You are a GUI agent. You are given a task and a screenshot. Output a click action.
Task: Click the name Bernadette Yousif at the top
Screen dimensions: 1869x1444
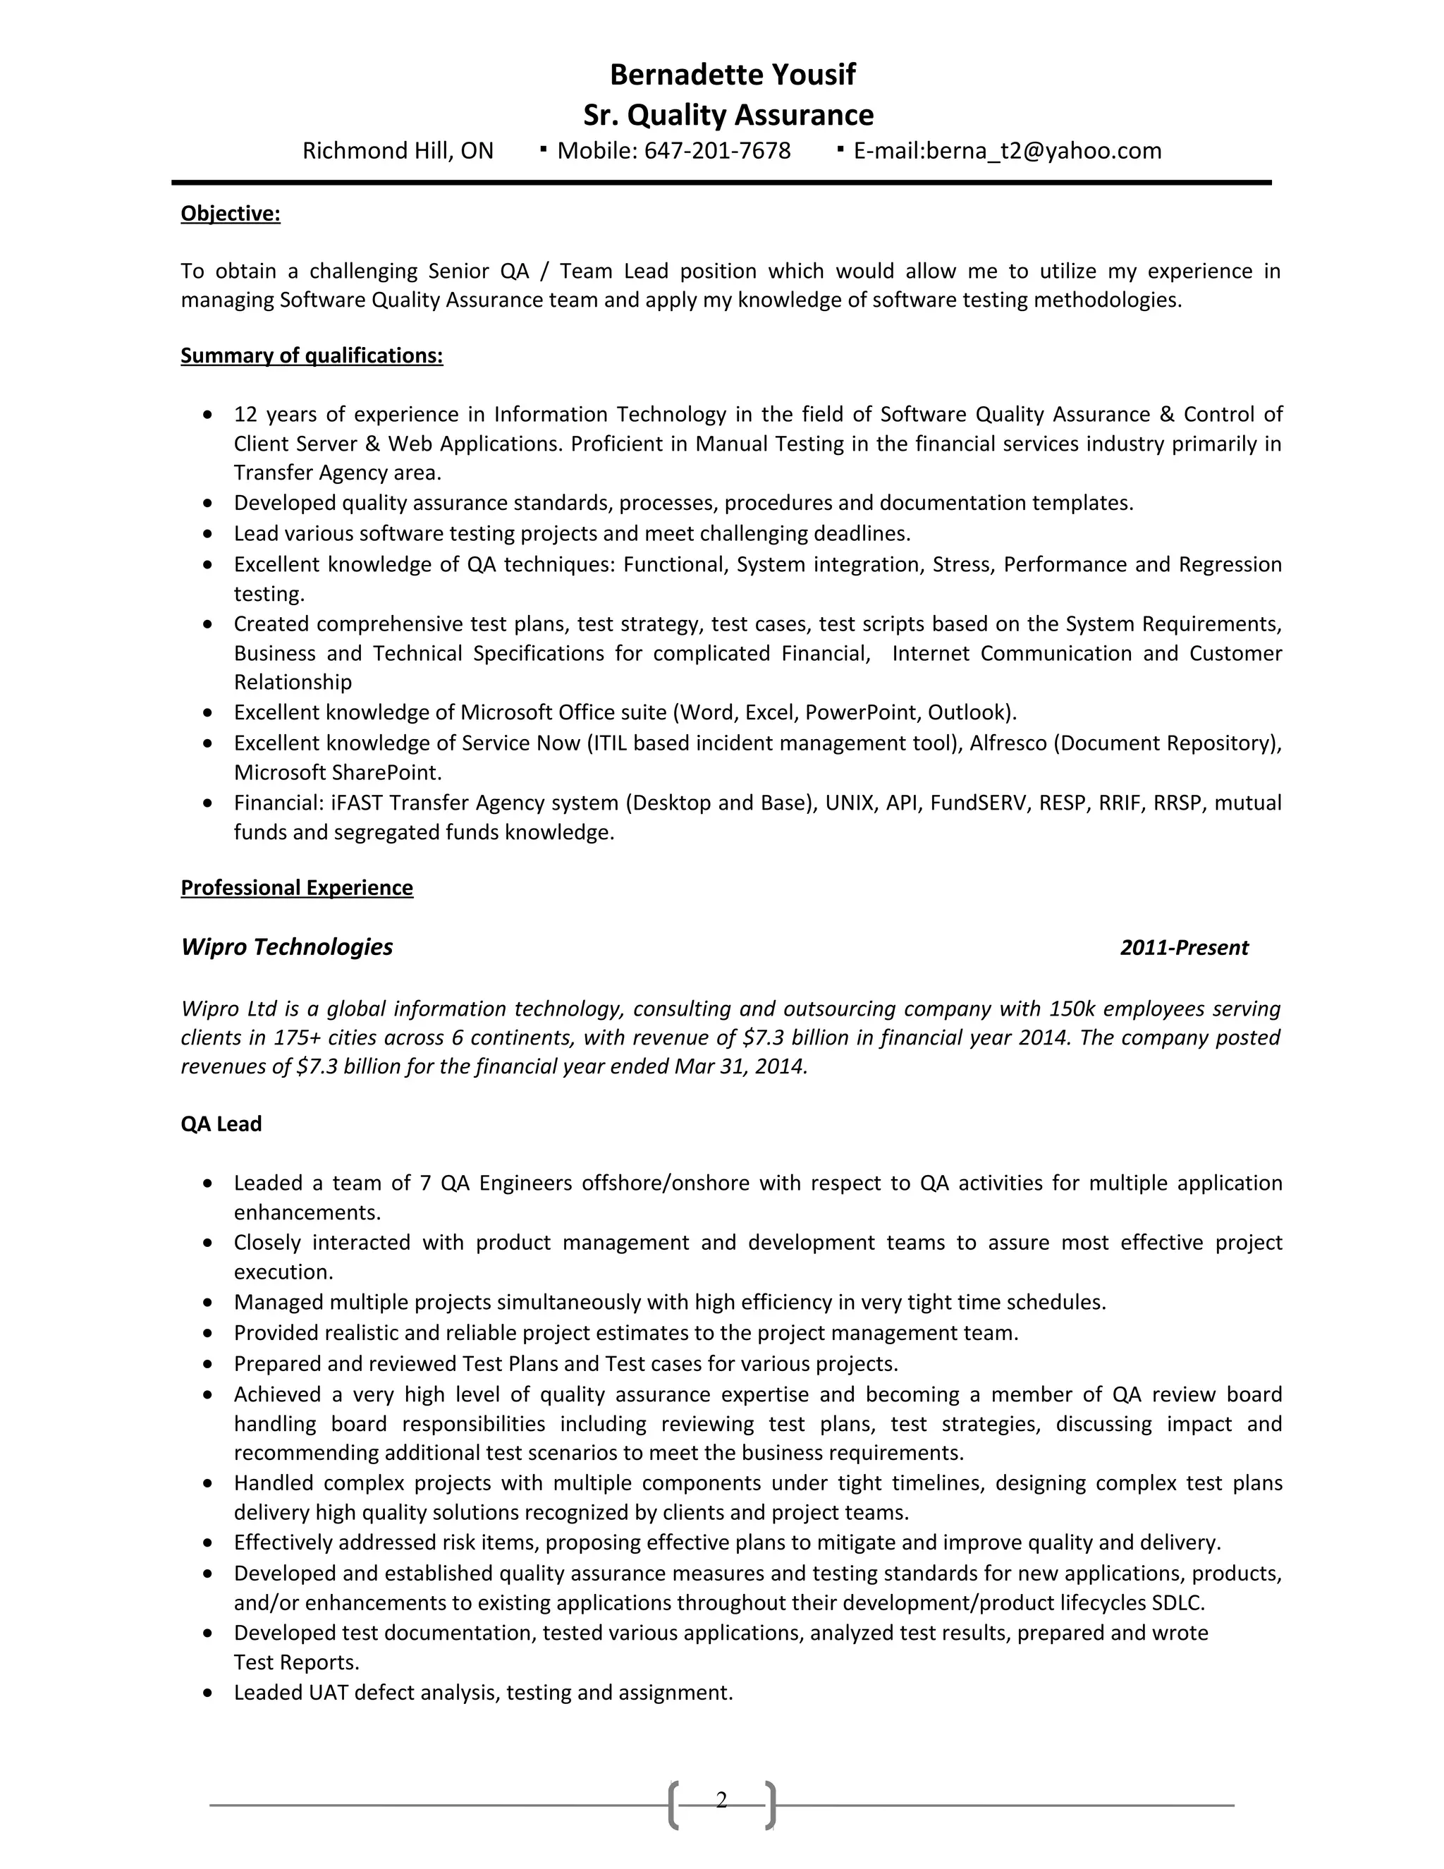click(733, 75)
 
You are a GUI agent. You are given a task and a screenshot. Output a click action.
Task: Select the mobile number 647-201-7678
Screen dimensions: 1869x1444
click(717, 152)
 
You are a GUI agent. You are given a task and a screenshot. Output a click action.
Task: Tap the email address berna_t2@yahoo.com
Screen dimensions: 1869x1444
click(1044, 152)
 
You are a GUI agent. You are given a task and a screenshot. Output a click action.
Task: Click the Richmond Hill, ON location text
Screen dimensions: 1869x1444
click(398, 152)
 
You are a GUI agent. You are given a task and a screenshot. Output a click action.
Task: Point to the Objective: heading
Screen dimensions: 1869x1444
click(230, 214)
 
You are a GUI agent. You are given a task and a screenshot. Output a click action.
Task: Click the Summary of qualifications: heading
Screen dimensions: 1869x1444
click(312, 356)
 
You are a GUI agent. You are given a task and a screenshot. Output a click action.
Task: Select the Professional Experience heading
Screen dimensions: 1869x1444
click(296, 888)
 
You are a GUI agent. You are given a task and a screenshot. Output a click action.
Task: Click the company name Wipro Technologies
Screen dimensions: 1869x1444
click(286, 947)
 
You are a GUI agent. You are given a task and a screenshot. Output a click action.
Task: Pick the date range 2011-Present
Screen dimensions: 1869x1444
click(1184, 948)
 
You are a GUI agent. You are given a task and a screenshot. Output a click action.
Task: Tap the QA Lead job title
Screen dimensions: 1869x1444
click(221, 1124)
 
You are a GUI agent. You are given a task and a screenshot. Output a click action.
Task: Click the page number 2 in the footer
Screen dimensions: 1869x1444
click(721, 1801)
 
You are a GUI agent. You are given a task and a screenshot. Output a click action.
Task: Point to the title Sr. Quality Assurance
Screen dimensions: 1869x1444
click(728, 115)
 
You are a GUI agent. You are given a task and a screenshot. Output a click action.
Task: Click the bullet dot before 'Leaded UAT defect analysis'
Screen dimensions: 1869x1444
click(208, 1693)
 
